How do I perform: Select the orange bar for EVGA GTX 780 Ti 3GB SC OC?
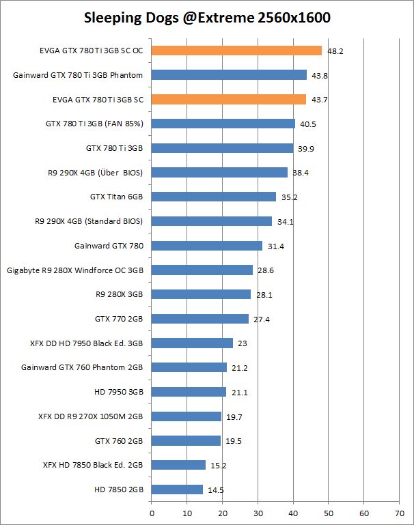[x=236, y=50]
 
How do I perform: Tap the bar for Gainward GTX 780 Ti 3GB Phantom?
[x=229, y=74]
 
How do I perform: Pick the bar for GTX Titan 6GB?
[x=213, y=197]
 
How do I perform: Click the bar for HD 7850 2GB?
[x=177, y=489]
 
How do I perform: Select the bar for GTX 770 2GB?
[x=199, y=319]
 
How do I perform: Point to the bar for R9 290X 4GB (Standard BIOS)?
[x=211, y=221]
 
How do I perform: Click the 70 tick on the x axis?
[x=400, y=509]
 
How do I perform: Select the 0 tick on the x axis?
[x=152, y=509]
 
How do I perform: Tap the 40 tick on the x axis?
[x=293, y=509]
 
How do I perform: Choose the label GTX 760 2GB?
[x=119, y=440]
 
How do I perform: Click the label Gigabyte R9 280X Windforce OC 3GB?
[x=75, y=270]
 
